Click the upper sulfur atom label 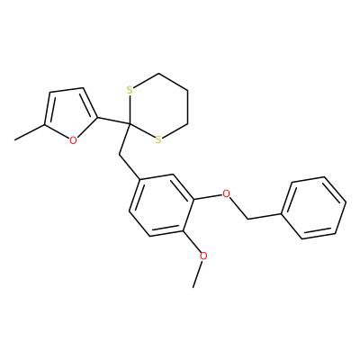[130, 90]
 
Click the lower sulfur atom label [158, 139]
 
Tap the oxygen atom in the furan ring [73, 140]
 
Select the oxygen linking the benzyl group [227, 193]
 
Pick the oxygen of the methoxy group [203, 256]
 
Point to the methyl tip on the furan [15, 139]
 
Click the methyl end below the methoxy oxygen [193, 287]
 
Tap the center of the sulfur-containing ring [158, 106]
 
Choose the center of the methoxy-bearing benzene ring [161, 205]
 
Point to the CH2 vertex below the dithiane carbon [120, 155]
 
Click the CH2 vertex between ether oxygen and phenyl [248, 219]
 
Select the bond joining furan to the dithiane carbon [113, 121]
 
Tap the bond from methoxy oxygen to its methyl [199, 274]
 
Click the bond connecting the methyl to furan [30, 132]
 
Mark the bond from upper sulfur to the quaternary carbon [130, 109]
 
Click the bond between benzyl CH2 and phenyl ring [265, 217]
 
